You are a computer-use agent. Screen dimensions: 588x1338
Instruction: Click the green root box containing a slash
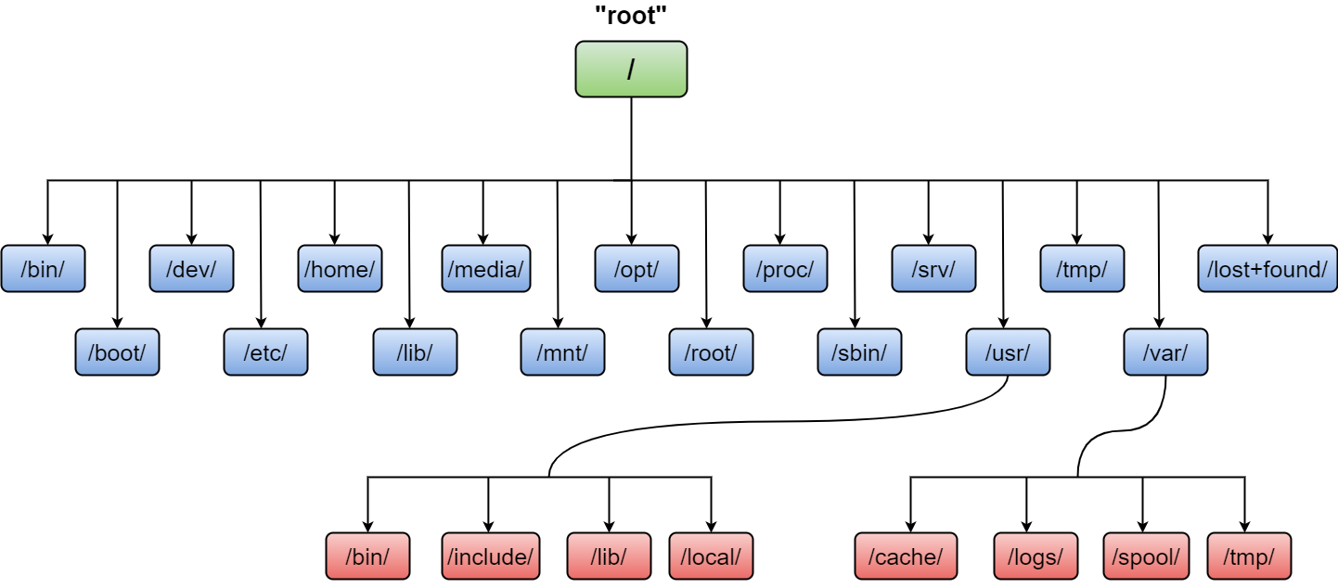[x=631, y=70]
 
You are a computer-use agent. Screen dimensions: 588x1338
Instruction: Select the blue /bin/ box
[x=43, y=269]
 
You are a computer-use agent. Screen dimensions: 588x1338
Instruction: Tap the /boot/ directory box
[x=117, y=352]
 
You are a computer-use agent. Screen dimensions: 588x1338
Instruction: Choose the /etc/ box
[x=265, y=352]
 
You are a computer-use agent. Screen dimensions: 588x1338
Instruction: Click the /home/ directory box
[x=340, y=269]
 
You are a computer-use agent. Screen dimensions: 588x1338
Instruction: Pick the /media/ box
[x=485, y=269]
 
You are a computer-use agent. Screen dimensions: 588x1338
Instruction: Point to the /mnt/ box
[x=562, y=352]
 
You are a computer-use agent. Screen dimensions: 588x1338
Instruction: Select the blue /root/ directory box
[x=711, y=352]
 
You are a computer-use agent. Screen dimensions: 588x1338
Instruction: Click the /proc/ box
[x=785, y=269]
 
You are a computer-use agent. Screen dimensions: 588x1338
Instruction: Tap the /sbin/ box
[x=859, y=352]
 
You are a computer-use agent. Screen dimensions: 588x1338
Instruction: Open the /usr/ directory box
[x=1008, y=352]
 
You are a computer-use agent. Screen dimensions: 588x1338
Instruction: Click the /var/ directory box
[x=1165, y=352]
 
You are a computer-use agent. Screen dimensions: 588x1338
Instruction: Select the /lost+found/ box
[x=1267, y=269]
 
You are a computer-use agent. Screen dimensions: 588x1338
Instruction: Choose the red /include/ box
[x=490, y=556]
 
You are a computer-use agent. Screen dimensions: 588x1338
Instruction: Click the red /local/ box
[x=711, y=556]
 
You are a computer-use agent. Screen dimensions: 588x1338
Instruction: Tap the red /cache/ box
[x=906, y=556]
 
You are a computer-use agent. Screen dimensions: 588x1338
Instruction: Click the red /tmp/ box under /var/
[x=1249, y=556]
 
